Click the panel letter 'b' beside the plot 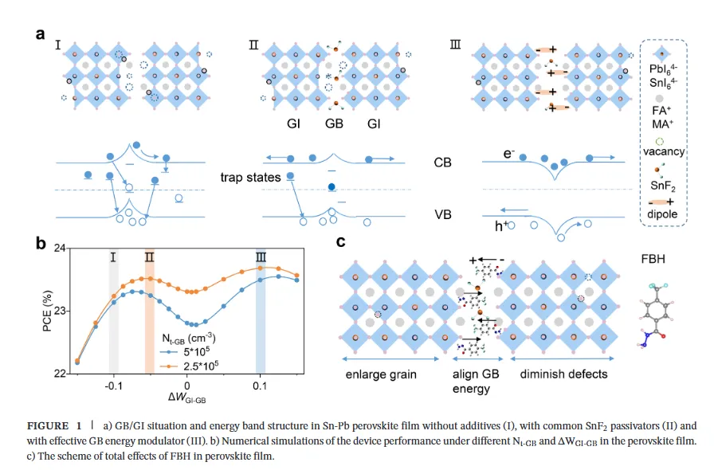click(40, 244)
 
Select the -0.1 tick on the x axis click(113, 384)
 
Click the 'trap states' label click(250, 178)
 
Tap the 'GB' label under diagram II click(333, 125)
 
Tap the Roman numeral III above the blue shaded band click(260, 257)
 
